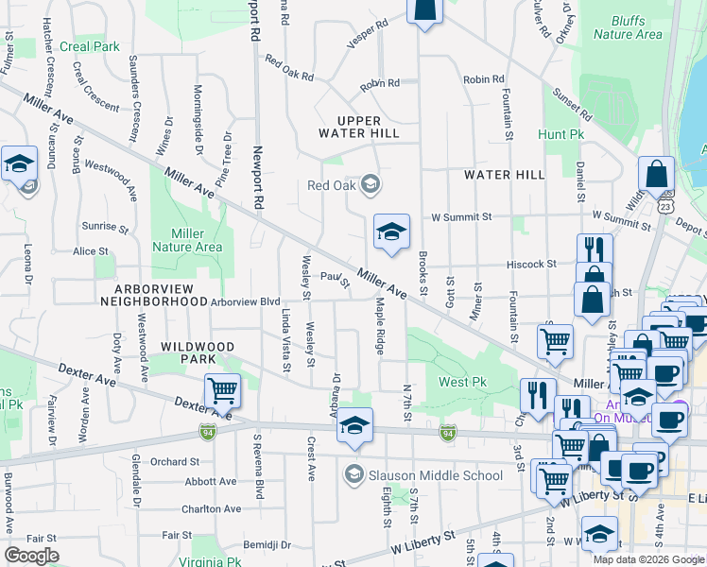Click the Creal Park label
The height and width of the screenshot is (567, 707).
[89, 45]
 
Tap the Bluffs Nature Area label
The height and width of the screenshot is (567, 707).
[628, 27]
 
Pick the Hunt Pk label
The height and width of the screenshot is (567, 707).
[561, 135]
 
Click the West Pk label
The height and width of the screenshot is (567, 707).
[461, 382]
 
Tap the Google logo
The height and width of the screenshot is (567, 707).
[31, 556]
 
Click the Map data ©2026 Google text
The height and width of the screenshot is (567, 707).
[647, 559]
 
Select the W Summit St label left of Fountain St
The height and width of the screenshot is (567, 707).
[461, 216]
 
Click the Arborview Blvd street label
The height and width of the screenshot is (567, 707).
[246, 302]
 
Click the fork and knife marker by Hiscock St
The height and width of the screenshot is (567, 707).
[595, 249]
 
